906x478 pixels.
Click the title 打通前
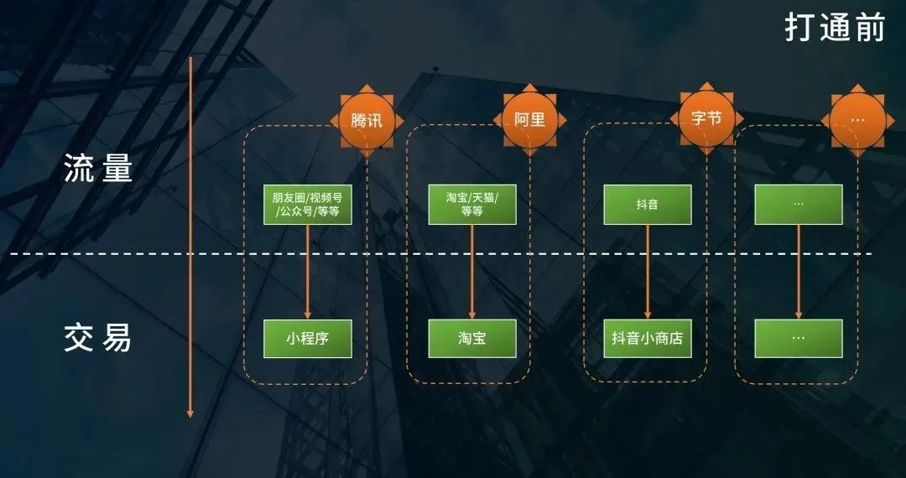coord(835,27)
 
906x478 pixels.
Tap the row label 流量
coord(98,168)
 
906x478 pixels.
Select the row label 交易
coord(98,339)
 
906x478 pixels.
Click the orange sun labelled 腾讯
coord(367,121)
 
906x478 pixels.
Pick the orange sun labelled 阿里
coord(530,120)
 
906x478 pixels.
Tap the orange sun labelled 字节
coord(706,118)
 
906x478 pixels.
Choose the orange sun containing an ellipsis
coord(858,120)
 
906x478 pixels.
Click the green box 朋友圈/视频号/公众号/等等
coord(307,205)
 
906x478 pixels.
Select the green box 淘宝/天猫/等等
coord(472,205)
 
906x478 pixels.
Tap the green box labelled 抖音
coord(648,205)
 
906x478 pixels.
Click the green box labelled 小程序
coord(307,339)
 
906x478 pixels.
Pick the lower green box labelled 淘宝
coord(472,339)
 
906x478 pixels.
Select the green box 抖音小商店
coord(648,339)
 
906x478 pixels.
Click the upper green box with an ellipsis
coord(799,205)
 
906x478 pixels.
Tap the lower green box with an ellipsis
coord(799,339)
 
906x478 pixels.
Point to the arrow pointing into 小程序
coord(307,272)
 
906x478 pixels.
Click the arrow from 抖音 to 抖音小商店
coord(648,272)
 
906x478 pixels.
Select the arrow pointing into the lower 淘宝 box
coord(472,272)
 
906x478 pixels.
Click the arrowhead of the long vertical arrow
coord(190,413)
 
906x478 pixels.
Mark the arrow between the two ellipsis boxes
coord(799,272)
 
